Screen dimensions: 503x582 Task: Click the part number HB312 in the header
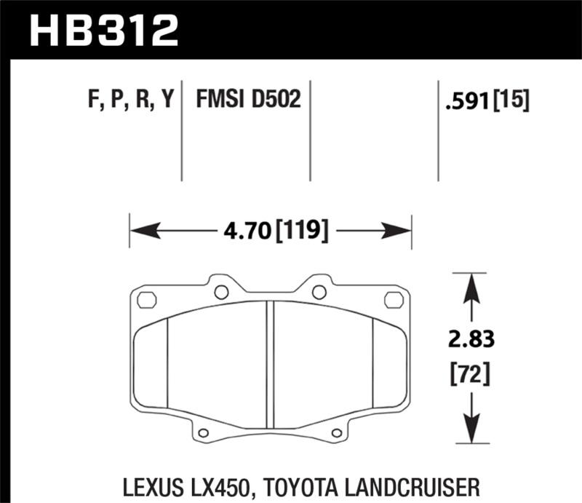(x=103, y=30)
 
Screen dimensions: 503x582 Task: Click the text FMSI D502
(x=248, y=99)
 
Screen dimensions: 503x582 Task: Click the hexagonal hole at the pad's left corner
(x=147, y=299)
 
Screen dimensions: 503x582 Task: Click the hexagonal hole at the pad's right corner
(x=394, y=299)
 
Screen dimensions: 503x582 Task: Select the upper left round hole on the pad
(x=222, y=293)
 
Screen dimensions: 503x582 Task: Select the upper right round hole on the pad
(x=319, y=293)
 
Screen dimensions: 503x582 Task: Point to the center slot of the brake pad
(x=270, y=364)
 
